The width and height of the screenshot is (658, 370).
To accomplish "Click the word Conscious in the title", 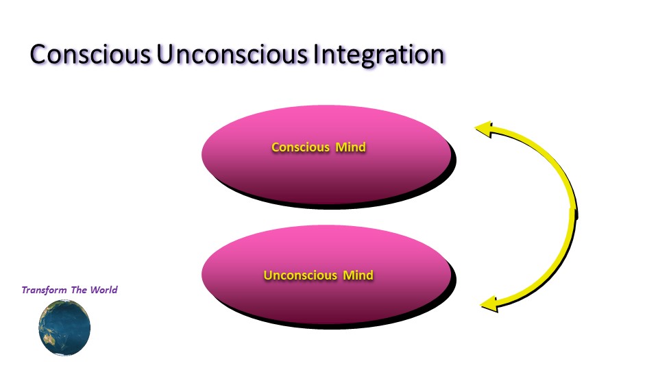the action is point(90,55).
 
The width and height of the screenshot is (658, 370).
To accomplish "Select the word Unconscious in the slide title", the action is point(232,55).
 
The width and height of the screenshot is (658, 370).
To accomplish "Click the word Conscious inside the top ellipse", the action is point(300,147).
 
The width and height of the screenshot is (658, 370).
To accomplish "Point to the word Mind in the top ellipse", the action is point(350,147).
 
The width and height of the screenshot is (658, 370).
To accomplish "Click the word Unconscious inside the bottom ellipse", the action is point(300,275).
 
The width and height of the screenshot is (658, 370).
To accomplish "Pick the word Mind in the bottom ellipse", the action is point(358,275).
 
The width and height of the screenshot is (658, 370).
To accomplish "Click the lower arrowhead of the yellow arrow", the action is point(489,304).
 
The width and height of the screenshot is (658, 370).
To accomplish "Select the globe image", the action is point(64,328).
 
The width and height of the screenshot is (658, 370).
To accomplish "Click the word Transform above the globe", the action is point(44,290).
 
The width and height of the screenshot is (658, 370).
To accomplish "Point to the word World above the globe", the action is point(104,290).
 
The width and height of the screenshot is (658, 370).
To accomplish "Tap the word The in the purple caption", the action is point(79,290).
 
